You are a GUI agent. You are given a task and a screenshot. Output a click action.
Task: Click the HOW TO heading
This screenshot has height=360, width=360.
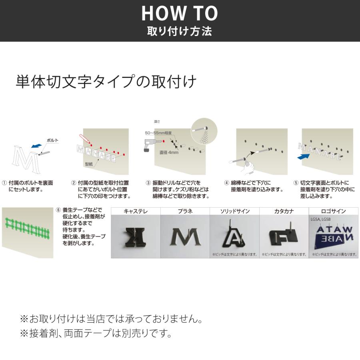point(180,14)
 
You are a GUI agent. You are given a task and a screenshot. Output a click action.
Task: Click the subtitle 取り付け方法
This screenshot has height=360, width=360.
point(180,31)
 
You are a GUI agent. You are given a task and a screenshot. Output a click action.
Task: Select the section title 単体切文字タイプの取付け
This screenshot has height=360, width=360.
point(106,82)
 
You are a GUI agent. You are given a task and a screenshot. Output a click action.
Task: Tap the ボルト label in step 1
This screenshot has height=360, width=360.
point(52,141)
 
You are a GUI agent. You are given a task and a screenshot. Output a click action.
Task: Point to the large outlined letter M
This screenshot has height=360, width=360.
point(25,160)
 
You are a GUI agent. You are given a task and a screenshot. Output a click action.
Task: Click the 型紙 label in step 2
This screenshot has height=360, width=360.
point(89,164)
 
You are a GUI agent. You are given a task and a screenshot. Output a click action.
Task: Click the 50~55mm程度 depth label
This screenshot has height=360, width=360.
point(158,132)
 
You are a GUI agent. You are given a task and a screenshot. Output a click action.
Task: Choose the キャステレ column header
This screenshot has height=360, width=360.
point(135,211)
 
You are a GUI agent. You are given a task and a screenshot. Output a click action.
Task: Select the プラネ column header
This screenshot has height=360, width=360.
point(185,211)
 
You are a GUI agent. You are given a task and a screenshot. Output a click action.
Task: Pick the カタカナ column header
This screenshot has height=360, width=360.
point(284,211)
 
